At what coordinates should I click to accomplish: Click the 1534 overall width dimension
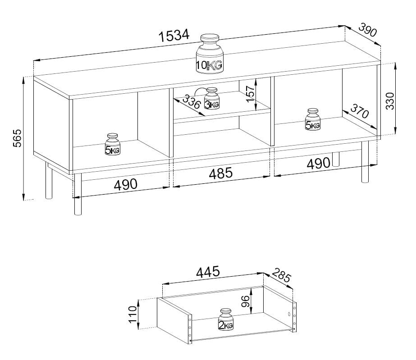[x=174, y=36]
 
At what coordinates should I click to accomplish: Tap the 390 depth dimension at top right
[x=367, y=30]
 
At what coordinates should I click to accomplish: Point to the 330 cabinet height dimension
[x=390, y=101]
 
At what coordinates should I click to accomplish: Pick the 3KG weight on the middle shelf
[x=212, y=98]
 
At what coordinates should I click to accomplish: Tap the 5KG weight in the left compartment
[x=113, y=144]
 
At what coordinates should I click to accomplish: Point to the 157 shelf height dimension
[x=250, y=94]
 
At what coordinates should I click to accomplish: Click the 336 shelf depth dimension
[x=191, y=102]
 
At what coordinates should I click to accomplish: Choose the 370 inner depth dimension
[x=360, y=111]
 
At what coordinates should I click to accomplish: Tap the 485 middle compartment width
[x=221, y=173]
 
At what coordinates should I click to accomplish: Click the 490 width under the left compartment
[x=125, y=184]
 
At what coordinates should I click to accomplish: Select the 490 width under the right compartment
[x=318, y=163]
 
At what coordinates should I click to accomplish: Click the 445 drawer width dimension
[x=208, y=271]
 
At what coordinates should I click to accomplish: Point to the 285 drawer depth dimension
[x=282, y=275]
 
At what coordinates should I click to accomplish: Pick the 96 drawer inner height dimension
[x=246, y=301]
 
